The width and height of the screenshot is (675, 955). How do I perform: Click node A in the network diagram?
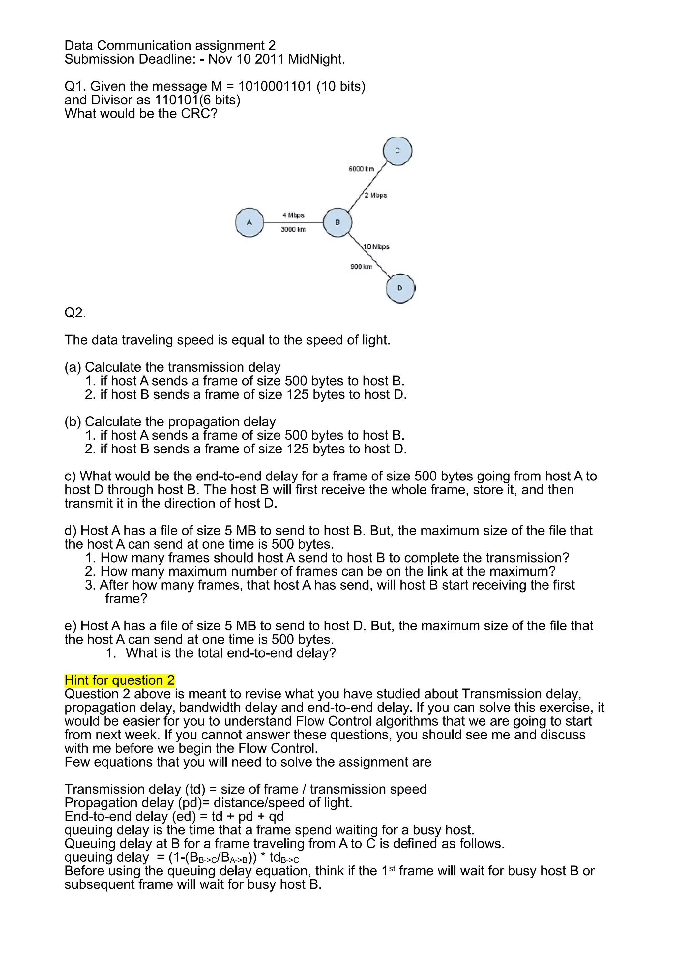(x=249, y=222)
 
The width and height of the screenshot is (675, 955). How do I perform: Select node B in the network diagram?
(x=337, y=222)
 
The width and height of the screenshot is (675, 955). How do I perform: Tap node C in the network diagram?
(x=397, y=151)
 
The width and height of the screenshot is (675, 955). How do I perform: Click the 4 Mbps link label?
(x=293, y=215)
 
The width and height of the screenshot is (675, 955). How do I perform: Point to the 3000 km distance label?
(x=293, y=229)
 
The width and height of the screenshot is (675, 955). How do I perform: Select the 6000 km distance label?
(x=361, y=169)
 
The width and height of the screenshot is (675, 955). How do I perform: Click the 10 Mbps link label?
(x=376, y=246)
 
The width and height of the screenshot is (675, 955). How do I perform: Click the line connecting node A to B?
(x=293, y=222)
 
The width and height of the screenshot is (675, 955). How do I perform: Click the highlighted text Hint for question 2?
(x=119, y=680)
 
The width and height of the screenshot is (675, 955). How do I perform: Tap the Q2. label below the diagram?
(x=75, y=313)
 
